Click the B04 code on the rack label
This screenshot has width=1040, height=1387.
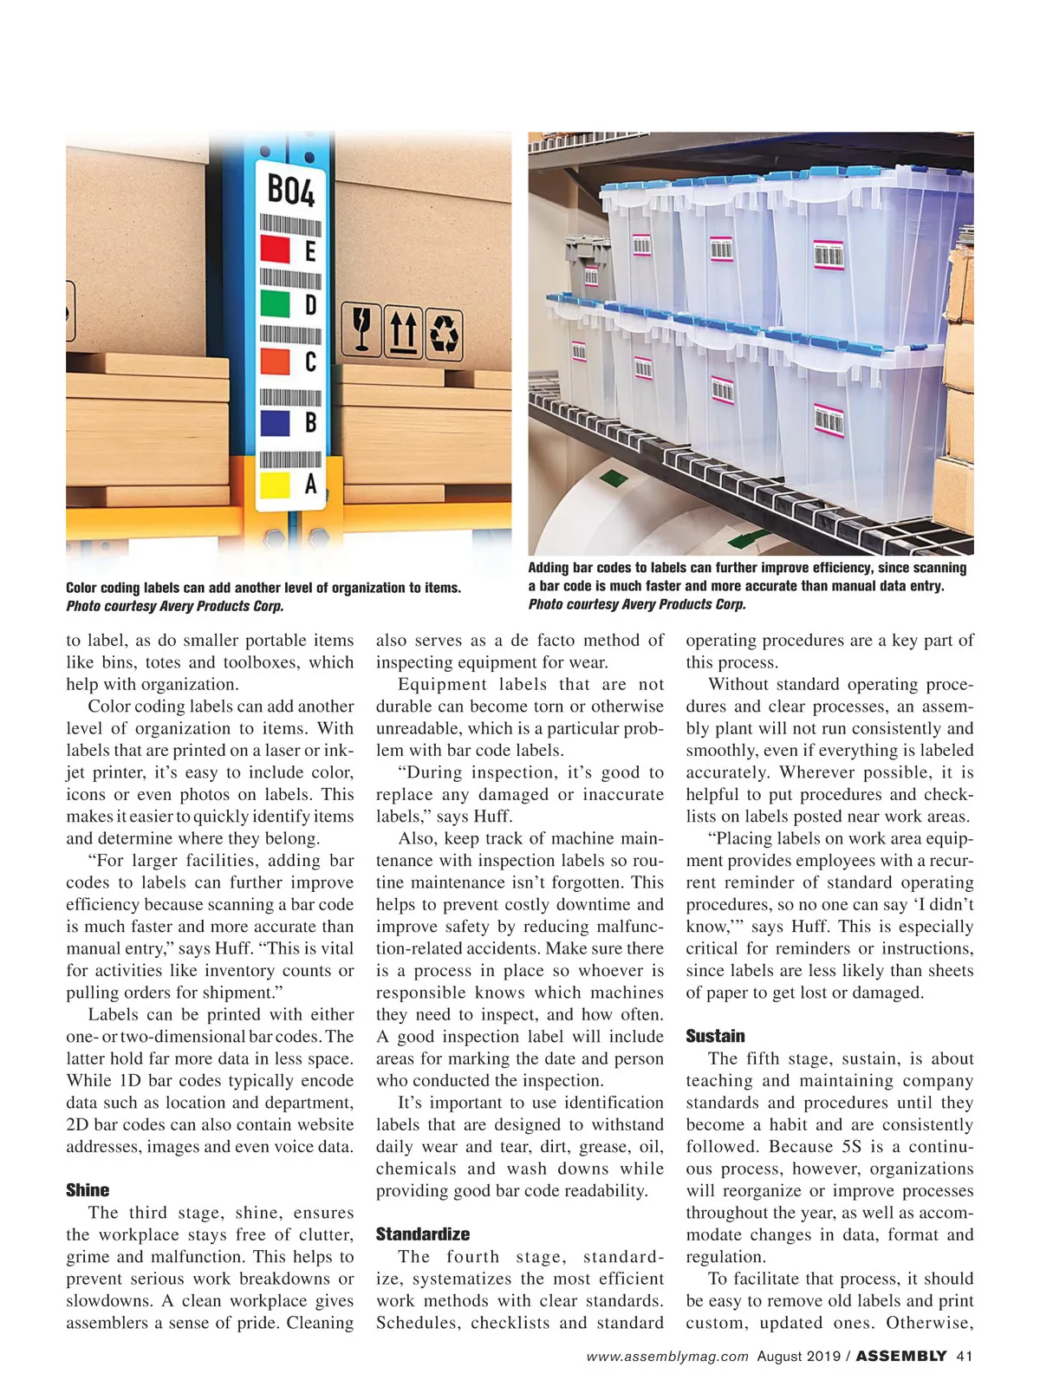(x=291, y=191)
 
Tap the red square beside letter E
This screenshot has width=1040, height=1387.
(x=275, y=250)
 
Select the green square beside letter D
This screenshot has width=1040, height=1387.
(x=275, y=304)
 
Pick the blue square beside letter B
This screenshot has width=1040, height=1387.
(x=275, y=422)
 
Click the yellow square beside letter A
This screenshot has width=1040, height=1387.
(x=275, y=483)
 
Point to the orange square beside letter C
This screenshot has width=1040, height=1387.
(x=275, y=361)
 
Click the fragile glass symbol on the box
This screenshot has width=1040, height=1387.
(x=361, y=330)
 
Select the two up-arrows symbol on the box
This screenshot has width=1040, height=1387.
(x=401, y=331)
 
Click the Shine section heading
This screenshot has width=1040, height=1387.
(x=88, y=1190)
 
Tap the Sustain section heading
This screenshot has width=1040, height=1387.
(x=715, y=1036)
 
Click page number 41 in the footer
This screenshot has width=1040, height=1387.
(x=965, y=1357)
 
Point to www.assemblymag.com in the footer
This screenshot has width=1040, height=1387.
(x=666, y=1357)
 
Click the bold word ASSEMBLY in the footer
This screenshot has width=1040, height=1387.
(x=901, y=1357)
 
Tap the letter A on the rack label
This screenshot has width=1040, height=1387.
(x=310, y=484)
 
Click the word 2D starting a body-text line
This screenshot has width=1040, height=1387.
(x=78, y=1124)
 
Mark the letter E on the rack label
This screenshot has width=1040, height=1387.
(x=309, y=251)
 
